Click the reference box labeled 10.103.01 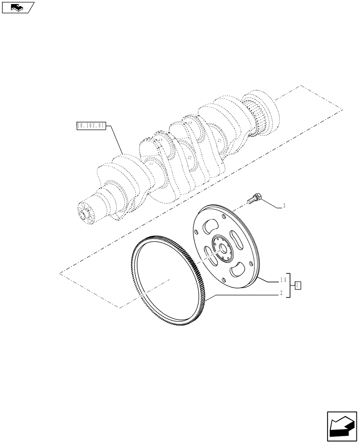click(90, 126)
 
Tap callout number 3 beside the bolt click(284, 206)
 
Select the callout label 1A click(282, 280)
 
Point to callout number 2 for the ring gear click(282, 293)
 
